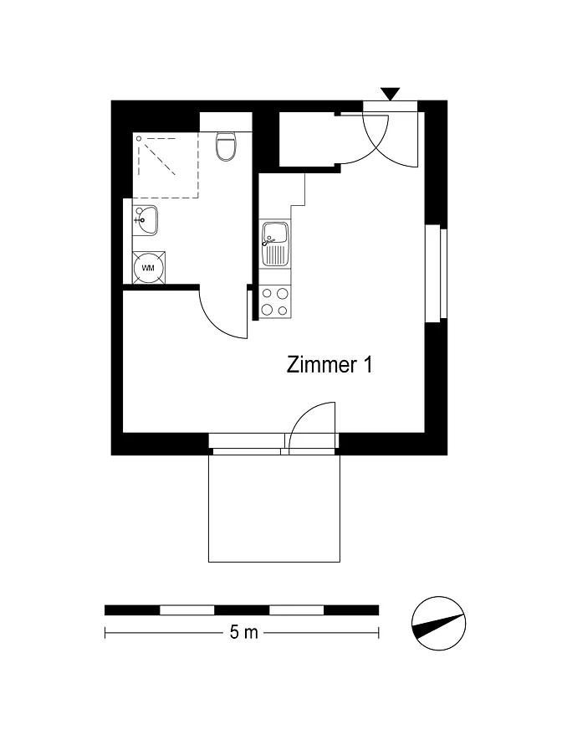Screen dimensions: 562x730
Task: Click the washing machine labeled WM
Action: [148, 268]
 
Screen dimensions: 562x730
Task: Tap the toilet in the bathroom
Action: [227, 146]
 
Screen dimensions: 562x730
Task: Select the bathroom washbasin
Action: [146, 220]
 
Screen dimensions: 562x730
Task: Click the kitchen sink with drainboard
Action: [275, 244]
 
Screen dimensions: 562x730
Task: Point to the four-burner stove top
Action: [275, 301]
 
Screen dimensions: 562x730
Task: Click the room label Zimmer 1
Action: [330, 364]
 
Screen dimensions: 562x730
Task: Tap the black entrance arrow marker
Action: [390, 94]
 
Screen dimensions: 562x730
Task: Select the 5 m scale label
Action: [243, 632]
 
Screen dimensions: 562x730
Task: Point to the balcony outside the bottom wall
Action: [274, 508]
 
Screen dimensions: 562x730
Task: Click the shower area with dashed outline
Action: [166, 165]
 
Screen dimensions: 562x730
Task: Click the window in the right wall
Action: [437, 274]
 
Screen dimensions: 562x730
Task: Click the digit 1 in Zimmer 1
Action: [368, 364]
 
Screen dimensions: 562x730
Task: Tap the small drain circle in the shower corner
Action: [138, 138]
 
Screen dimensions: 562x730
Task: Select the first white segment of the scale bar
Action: [187, 610]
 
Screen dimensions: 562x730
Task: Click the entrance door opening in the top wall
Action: [390, 106]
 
